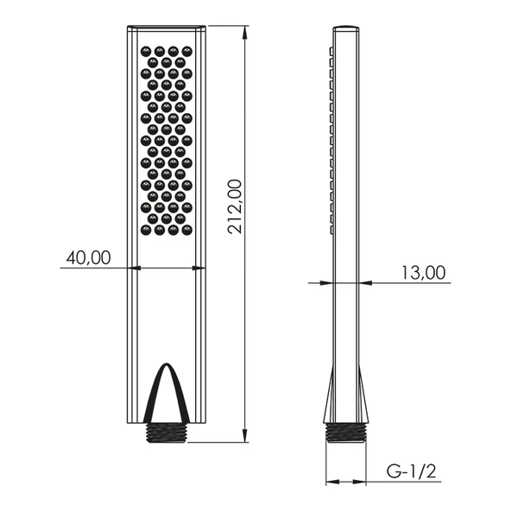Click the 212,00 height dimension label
pos(235,206)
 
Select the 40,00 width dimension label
pos(88,257)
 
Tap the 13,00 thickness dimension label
pos(423,273)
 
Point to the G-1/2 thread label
pos(411,471)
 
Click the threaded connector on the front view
pos(167,432)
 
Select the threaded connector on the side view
pos(346,432)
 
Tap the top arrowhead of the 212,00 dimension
pos(245,32)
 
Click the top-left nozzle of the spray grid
pos(145,51)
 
